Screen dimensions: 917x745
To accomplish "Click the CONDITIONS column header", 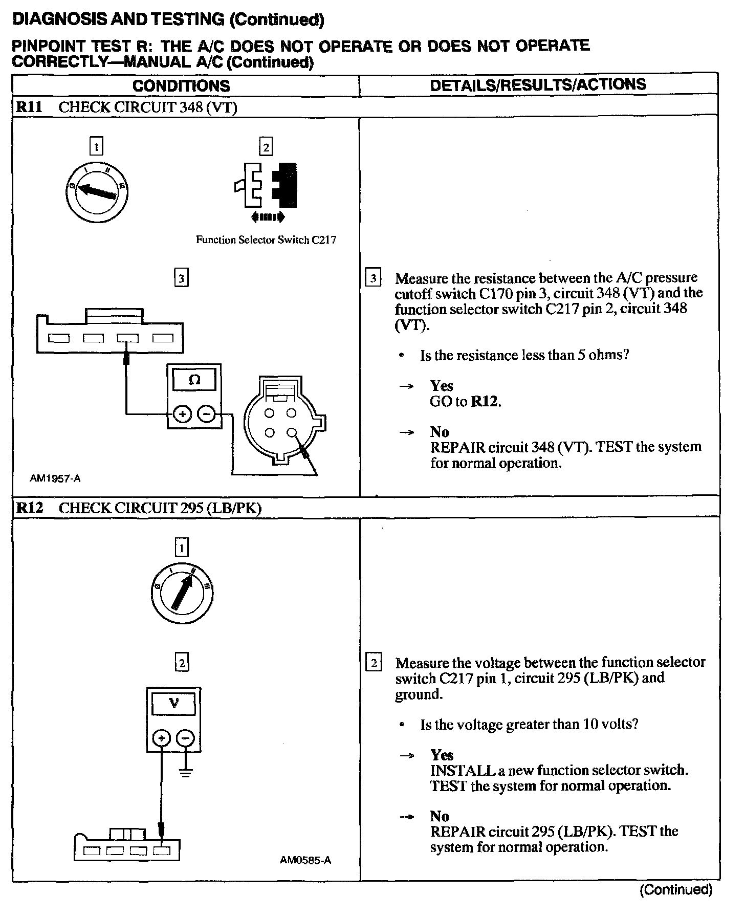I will click(181, 85).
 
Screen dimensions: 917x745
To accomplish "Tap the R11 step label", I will click(30, 107).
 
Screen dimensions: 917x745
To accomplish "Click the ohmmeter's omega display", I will click(194, 380).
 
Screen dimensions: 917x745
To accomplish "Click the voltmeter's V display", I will click(173, 704).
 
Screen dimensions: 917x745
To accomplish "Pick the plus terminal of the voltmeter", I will click(162, 738).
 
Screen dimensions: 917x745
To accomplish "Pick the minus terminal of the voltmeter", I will click(185, 738).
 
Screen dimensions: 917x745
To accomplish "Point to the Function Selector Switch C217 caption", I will click(266, 240).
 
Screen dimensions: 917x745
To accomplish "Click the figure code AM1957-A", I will click(55, 479).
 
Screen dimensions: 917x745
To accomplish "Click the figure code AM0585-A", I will click(305, 860).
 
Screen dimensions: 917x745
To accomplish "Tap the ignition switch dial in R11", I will click(97, 192).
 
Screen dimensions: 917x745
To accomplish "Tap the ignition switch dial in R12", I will click(182, 594).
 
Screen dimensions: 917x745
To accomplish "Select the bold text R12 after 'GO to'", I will click(485, 402).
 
